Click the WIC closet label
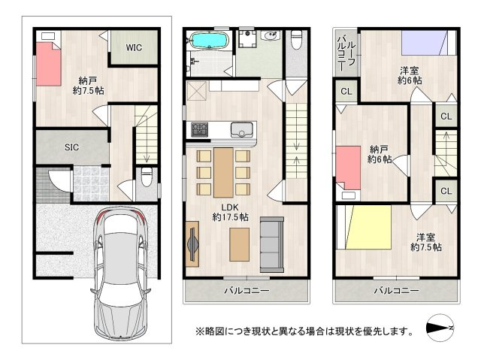pyautogui.click(x=134, y=48)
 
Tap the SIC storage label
pyautogui.click(x=72, y=147)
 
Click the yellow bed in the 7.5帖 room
pyautogui.click(x=367, y=231)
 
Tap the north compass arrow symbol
pyautogui.click(x=440, y=329)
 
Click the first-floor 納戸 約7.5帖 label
pyautogui.click(x=89, y=85)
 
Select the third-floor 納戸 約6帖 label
pyautogui.click(x=380, y=154)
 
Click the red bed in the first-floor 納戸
pyautogui.click(x=48, y=64)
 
